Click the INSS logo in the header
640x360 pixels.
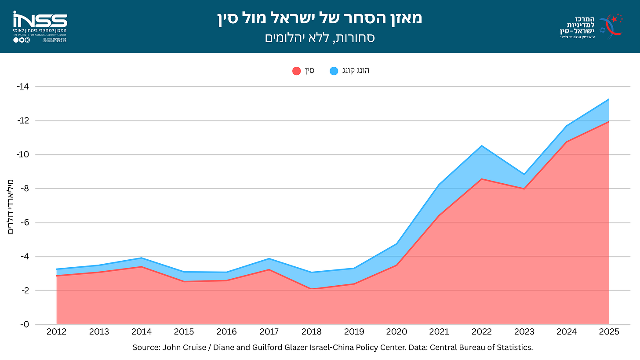40,26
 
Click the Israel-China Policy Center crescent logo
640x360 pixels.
611,26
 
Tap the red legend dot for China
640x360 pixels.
297,71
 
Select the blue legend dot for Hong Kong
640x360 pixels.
334,71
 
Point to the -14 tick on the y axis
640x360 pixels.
23,86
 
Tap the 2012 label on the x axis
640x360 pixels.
57,332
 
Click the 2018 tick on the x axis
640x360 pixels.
311,332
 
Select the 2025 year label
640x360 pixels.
609,332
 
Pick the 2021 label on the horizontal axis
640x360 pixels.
439,332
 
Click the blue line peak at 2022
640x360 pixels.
482,146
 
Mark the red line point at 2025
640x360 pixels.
609,122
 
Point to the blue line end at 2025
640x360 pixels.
609,99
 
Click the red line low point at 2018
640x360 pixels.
311,288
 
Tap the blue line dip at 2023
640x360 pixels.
524,174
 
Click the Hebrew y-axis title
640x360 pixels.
10,207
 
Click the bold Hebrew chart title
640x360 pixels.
320,18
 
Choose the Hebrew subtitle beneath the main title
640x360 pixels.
320,38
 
